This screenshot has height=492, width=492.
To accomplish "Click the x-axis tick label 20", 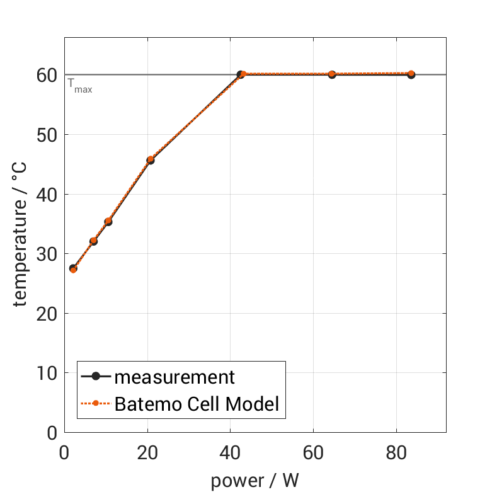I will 147,453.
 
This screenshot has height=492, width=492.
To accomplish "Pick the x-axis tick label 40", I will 231,453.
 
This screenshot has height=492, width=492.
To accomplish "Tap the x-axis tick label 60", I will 313,453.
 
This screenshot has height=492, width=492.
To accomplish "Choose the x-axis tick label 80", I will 396,453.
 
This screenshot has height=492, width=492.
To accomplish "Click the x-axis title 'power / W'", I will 255,481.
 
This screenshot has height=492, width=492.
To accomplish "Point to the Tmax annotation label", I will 80,85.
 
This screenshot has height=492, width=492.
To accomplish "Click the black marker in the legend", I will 96,377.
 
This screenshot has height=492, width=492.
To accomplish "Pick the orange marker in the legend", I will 96,403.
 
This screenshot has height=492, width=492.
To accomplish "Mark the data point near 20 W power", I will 150,160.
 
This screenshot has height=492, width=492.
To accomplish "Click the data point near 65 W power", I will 332,74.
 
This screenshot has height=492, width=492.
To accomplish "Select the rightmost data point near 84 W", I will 411,74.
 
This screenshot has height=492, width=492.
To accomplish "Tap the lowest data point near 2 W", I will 73,269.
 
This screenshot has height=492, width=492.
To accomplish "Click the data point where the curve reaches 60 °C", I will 241,74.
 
